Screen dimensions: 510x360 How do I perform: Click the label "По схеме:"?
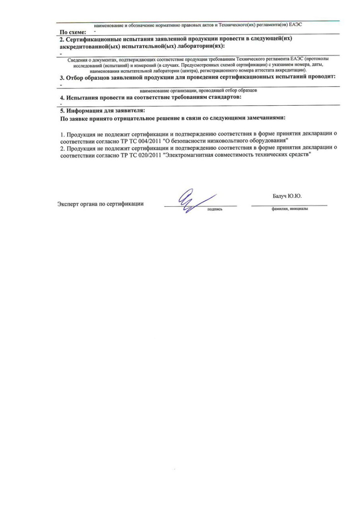(x=73, y=32)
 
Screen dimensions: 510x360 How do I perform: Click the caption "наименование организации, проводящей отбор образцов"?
(x=198, y=91)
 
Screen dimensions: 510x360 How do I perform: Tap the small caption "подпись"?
(x=214, y=209)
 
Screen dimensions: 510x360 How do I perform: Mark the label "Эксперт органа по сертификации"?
(x=101, y=204)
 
